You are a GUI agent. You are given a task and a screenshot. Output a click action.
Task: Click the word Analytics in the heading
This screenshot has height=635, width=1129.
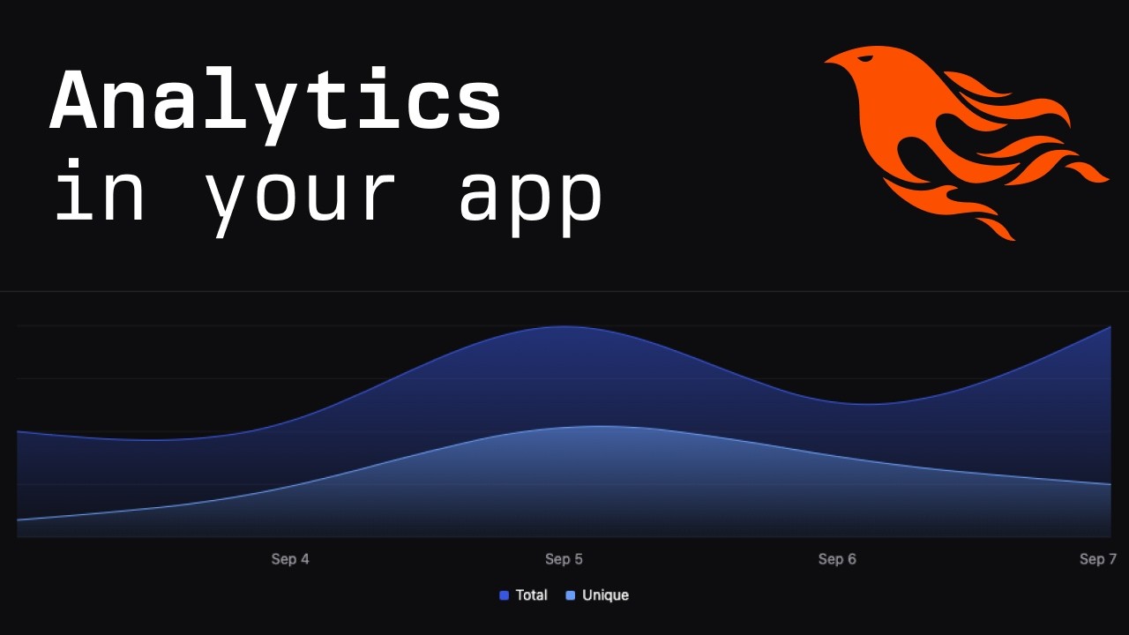[x=275, y=104]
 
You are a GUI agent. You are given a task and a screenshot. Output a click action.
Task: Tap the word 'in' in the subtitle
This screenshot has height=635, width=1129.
[x=99, y=192]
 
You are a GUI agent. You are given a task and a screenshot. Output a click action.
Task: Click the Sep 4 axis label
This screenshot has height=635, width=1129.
[x=290, y=559]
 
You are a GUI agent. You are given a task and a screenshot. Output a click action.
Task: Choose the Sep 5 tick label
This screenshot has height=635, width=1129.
[x=564, y=559]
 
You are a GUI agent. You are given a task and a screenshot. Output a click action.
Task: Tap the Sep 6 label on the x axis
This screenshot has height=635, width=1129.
[x=837, y=559]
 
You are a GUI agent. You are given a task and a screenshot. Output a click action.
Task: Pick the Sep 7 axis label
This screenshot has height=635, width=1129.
[x=1098, y=559]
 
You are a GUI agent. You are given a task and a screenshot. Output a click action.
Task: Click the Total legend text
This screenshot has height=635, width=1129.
[x=531, y=595]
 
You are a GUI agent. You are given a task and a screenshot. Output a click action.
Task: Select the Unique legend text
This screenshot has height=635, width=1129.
[x=605, y=595]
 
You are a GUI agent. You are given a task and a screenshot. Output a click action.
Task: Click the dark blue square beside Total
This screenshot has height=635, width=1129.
[x=504, y=595]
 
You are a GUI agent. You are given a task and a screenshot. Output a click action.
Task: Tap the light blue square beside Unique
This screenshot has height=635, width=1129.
[x=571, y=595]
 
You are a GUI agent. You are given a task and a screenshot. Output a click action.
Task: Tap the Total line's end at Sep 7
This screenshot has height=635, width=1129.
[x=1110, y=327]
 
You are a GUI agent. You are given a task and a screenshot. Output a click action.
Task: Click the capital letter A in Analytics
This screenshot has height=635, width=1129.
[x=78, y=102]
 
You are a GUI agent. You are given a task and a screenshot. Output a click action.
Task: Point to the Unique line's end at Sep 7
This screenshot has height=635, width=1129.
[x=1110, y=484]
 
